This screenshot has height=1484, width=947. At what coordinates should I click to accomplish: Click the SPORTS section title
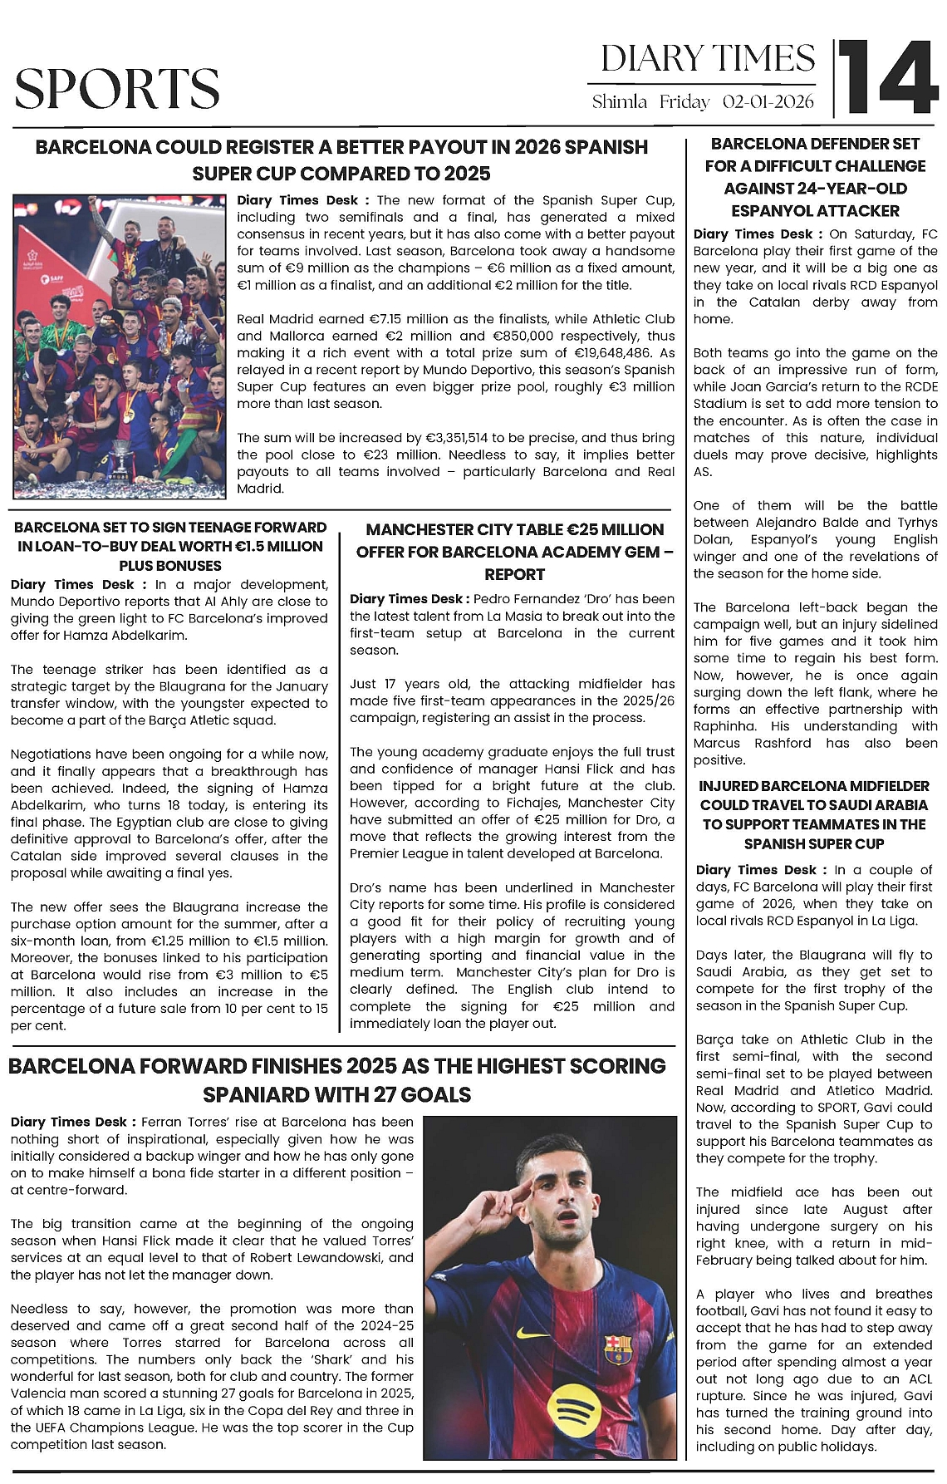117,89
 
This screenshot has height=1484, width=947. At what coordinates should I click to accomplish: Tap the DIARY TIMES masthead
708,58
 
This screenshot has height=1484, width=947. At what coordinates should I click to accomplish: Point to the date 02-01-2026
768,102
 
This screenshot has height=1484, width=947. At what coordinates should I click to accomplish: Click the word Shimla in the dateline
619,102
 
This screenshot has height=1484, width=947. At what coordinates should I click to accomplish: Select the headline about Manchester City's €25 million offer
514,552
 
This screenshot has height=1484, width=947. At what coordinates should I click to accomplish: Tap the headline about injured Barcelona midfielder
814,814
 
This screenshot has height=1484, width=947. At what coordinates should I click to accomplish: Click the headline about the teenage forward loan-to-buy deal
169,546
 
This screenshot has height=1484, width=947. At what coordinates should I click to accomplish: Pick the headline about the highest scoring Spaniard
337,1079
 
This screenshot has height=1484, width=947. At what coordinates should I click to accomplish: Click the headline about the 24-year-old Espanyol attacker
815,177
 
